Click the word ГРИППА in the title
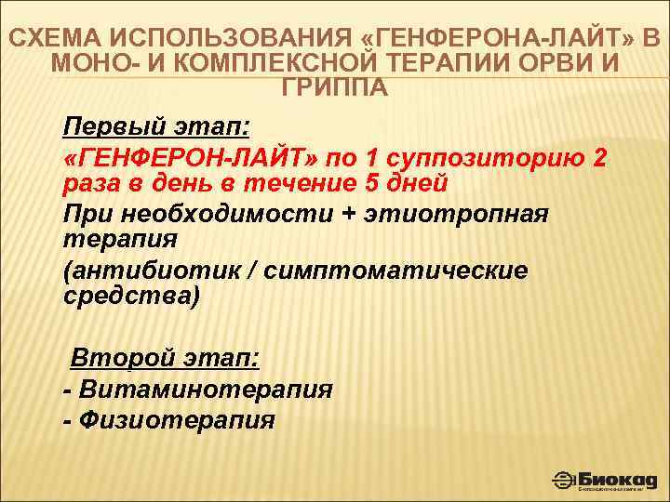[x=334, y=88]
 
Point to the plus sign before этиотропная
[x=349, y=214]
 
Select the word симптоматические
[x=395, y=271]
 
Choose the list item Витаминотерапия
[x=205, y=389]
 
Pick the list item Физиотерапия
[x=177, y=420]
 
